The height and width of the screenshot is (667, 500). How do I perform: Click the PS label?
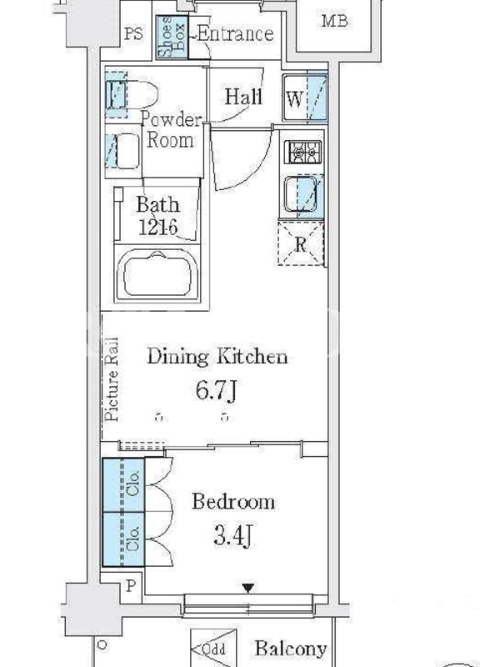[x=133, y=33]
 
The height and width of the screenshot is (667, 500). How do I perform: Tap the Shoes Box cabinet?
[x=172, y=37]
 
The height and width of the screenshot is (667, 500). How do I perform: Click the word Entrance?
[x=236, y=34]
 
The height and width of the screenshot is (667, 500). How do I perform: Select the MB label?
[x=335, y=20]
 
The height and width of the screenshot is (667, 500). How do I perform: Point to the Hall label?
[x=243, y=96]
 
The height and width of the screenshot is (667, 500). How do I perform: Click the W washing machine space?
[x=305, y=98]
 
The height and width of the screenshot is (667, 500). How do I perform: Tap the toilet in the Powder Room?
[x=132, y=94]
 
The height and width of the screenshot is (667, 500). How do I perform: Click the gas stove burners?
[x=305, y=152]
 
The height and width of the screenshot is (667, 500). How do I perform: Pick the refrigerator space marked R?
[x=301, y=243]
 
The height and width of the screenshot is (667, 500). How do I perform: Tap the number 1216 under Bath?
[x=157, y=227]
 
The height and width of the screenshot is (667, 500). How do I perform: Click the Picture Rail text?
[x=112, y=379]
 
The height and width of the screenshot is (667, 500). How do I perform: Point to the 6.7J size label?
[x=216, y=390]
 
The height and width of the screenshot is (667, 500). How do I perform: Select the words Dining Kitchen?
[x=217, y=357]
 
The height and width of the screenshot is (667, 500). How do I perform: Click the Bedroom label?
[x=233, y=502]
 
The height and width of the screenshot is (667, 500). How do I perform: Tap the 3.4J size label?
[x=233, y=535]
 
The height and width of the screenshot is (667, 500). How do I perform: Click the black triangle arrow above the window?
[x=248, y=588]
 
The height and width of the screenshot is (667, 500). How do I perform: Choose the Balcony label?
[x=291, y=649]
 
